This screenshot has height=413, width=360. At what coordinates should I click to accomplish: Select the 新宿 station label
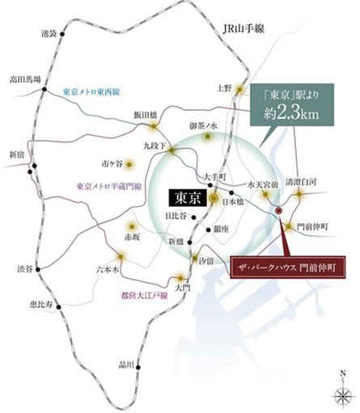pos(17,154)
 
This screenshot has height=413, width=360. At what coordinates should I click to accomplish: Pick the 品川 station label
pos(125,366)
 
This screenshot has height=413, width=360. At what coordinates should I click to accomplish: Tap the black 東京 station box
pos(185,196)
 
